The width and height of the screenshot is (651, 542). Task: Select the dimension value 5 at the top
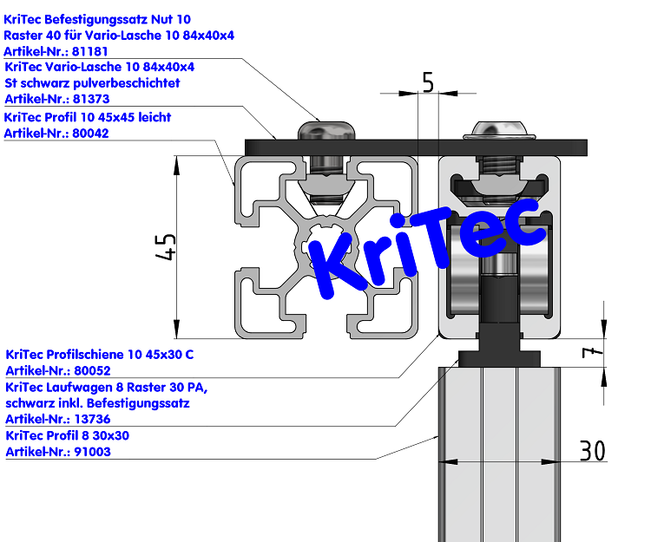[x=427, y=82]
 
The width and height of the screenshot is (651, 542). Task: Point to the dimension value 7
[x=589, y=352]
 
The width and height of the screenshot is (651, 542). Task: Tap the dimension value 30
[x=592, y=451]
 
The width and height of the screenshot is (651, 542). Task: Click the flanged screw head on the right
[x=499, y=130]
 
